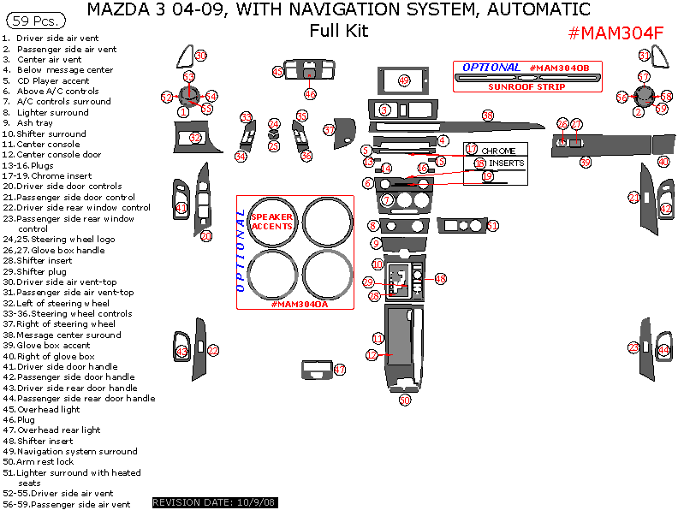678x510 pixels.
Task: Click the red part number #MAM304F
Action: (x=616, y=33)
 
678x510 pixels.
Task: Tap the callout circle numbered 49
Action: (x=404, y=80)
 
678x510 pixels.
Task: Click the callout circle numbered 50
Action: (x=405, y=400)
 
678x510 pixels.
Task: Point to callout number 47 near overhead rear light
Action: (x=340, y=370)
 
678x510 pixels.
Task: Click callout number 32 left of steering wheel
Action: (x=195, y=137)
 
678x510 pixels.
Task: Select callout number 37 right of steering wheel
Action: (x=330, y=130)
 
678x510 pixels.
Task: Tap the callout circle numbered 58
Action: (x=488, y=115)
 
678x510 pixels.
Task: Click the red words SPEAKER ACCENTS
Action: (x=271, y=222)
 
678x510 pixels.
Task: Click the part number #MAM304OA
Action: (x=299, y=304)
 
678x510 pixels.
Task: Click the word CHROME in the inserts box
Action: (x=498, y=151)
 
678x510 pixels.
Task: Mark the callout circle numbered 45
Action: (x=278, y=73)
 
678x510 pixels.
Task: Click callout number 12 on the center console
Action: (x=372, y=354)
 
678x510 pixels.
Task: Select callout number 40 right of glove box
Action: (x=663, y=162)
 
